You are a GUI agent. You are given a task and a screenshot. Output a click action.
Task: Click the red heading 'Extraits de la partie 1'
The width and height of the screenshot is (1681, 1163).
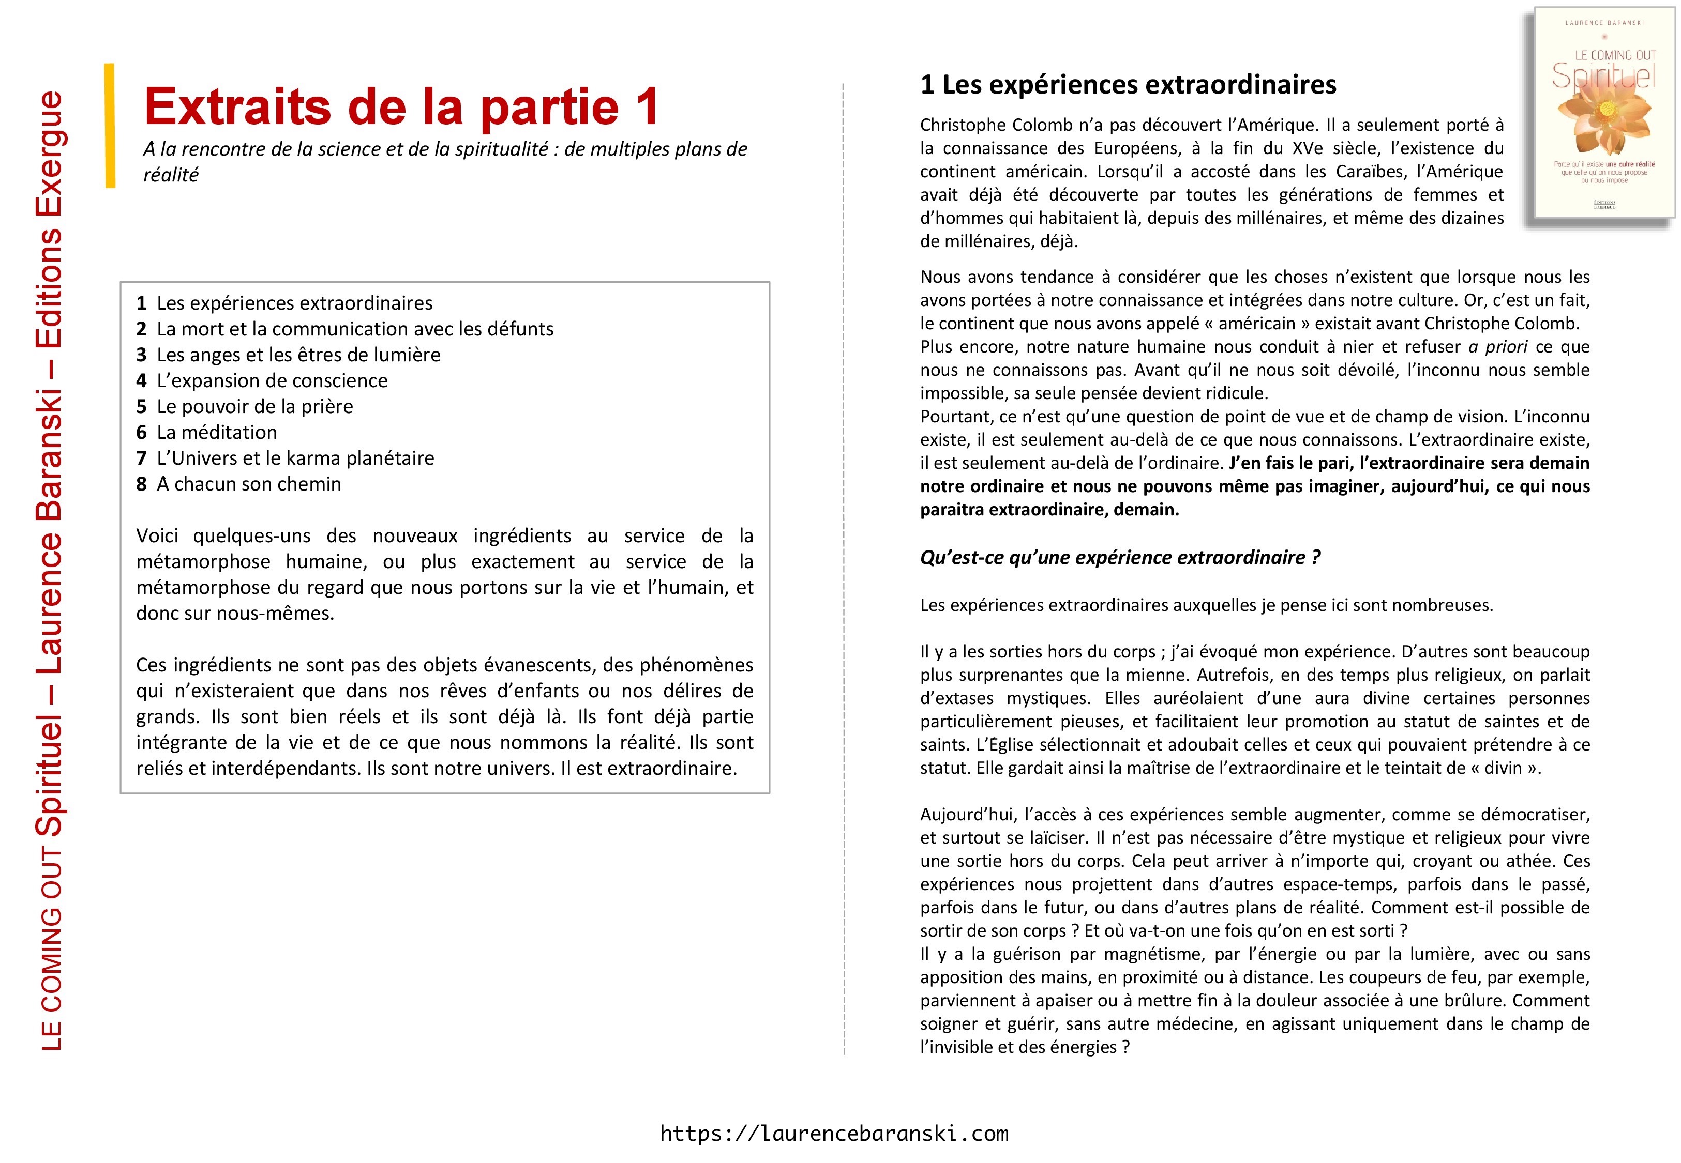[x=401, y=106]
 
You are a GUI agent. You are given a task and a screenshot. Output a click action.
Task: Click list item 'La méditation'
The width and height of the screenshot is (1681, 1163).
[x=217, y=433]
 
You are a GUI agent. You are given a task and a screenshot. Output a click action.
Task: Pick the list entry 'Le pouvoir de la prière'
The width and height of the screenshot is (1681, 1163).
[x=254, y=407]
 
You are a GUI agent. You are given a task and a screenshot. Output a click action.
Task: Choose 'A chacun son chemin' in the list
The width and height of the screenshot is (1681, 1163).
[x=249, y=485]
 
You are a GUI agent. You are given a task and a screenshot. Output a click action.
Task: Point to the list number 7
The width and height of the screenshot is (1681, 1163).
[x=141, y=458]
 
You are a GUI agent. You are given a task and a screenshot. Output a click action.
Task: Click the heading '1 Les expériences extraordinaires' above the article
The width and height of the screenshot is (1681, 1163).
[x=1128, y=85]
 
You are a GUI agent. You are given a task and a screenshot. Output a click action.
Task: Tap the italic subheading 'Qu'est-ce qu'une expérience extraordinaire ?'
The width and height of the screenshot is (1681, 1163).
[x=1120, y=557]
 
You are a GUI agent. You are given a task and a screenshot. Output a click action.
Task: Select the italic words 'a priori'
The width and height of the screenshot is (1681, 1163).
[x=1498, y=347]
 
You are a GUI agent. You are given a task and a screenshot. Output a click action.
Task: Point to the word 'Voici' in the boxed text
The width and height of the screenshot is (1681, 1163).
[x=157, y=537]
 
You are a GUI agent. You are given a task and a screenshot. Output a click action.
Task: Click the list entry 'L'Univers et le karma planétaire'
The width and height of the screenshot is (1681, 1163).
[x=295, y=458]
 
